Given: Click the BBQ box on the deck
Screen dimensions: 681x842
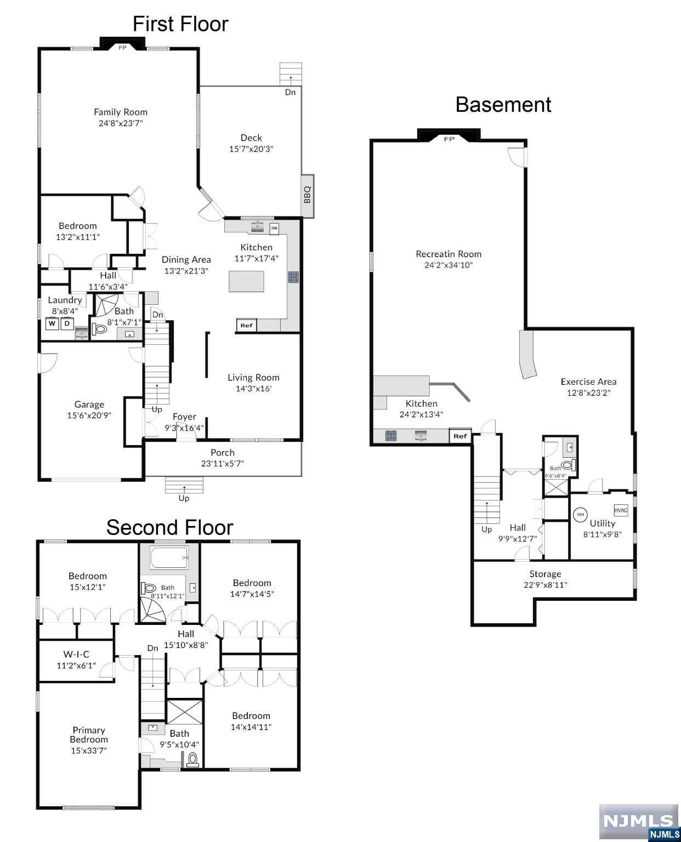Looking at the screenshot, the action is tap(307, 196).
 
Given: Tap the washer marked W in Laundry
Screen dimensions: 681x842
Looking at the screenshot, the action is tap(52, 323).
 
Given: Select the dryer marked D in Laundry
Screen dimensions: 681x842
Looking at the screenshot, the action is tap(67, 323).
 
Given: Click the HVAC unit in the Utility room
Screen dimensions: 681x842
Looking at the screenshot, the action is tap(621, 510).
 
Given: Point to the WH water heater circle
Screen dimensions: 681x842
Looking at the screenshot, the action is tap(580, 514).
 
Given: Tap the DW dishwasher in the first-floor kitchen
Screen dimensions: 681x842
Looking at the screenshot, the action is tap(274, 228).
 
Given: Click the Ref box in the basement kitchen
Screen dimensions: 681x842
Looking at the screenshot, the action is tap(461, 436).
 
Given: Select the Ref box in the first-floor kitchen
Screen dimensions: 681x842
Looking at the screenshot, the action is tap(246, 325).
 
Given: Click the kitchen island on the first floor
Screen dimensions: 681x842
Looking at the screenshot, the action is tap(246, 281).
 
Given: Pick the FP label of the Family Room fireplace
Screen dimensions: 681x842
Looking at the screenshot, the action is tap(123, 48).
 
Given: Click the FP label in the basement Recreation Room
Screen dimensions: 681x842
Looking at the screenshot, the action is tap(449, 139).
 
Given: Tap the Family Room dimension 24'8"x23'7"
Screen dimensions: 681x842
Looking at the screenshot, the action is tap(121, 123).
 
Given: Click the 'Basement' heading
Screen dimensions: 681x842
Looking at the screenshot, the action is tap(503, 105).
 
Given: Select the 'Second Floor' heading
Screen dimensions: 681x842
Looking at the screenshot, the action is tap(169, 527).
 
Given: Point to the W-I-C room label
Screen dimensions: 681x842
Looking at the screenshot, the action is tap(76, 654).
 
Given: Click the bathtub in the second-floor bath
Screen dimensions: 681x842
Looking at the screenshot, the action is tap(169, 558).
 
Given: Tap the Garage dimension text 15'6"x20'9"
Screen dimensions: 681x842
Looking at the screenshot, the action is tap(89, 416).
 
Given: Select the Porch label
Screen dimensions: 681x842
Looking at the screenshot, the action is tap(222, 453).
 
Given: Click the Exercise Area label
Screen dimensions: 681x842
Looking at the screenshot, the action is tap(588, 382).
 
